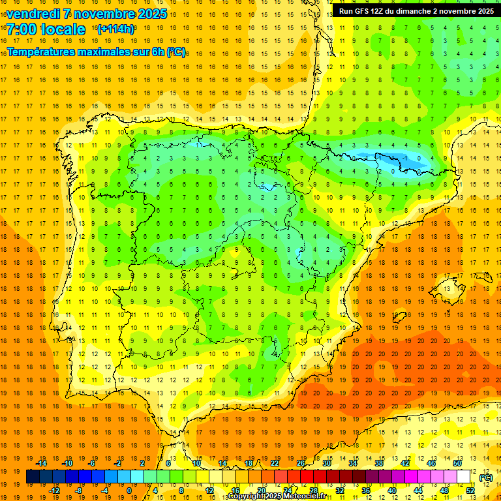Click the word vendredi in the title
31,14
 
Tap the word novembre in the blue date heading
106,14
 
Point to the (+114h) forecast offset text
115,29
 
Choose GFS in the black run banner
365,11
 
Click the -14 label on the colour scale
42,463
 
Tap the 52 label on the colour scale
470,491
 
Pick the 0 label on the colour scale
130,491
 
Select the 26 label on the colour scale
301,463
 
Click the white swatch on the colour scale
464,477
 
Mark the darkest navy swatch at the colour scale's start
33,477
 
